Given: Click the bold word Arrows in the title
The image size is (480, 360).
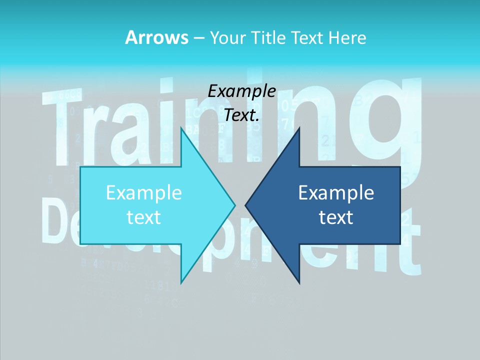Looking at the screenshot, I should (x=156, y=37).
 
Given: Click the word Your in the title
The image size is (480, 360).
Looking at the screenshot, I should (x=228, y=38).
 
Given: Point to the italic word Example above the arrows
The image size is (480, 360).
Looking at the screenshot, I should (x=241, y=91).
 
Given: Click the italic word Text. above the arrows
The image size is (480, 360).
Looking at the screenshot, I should (x=241, y=115).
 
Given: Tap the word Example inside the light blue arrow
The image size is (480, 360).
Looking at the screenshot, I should (x=144, y=192).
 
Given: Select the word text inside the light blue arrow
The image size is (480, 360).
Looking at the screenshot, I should (x=144, y=217).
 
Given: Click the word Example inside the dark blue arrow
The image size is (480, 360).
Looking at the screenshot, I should (x=336, y=192).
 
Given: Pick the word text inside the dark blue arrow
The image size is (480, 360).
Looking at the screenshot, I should (x=336, y=217).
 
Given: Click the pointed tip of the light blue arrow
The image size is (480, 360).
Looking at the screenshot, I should (x=235, y=205).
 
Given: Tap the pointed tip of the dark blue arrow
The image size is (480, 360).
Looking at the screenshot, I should (x=245, y=205).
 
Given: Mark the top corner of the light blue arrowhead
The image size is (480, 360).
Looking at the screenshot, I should (x=181, y=127).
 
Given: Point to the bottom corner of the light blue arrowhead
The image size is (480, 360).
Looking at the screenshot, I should (x=181, y=283).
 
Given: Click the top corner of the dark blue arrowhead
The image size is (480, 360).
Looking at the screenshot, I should (x=299, y=127).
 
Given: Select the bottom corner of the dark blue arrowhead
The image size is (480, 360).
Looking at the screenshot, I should (x=299, y=283).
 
